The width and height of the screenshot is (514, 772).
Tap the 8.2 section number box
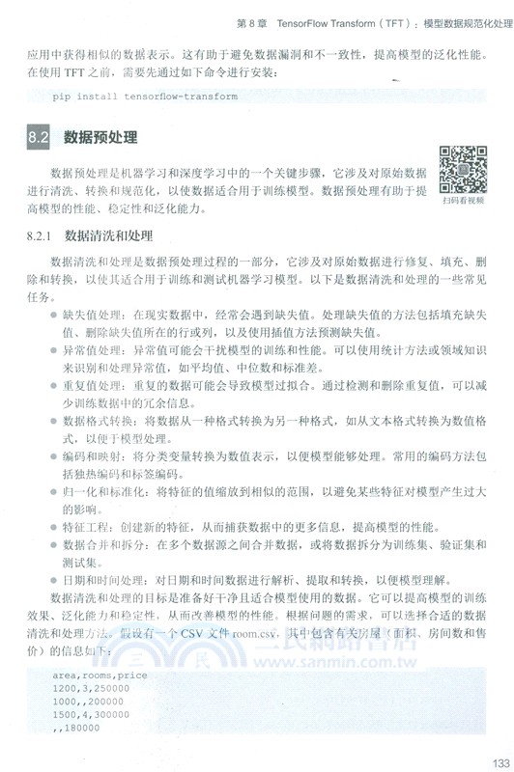tap(38, 137)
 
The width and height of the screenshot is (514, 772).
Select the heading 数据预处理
tap(100, 137)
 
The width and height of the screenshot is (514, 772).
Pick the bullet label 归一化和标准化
tap(106, 493)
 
